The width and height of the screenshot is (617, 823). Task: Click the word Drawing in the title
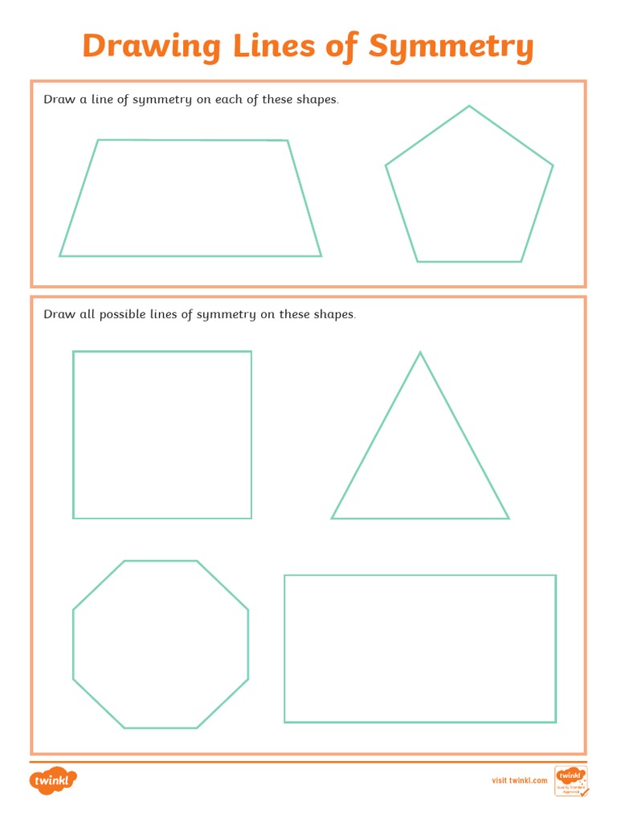151,47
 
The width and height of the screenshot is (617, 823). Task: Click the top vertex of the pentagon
469,106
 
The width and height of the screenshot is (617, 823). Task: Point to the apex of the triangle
420,352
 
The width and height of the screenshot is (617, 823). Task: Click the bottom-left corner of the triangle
332,518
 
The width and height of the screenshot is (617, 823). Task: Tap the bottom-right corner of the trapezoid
321,256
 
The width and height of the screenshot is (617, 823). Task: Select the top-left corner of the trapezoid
98,141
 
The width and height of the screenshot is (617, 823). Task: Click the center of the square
162,435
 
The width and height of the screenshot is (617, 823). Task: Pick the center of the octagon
161,645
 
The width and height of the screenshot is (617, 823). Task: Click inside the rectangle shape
420,649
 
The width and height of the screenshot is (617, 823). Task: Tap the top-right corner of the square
251,351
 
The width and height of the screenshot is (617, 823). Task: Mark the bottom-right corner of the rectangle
556,722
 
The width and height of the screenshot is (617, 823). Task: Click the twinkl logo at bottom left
53,780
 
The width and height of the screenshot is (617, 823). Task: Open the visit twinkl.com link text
519,780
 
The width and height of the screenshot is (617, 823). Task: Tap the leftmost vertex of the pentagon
386,166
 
